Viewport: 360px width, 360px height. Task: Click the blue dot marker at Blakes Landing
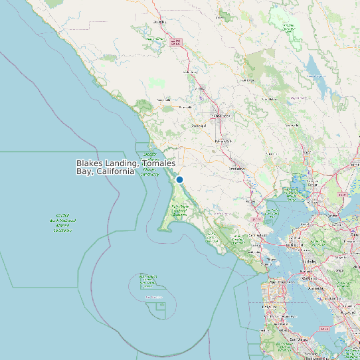[179, 179]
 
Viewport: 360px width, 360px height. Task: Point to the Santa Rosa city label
[220, 115]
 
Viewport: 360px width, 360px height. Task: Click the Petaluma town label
[236, 168]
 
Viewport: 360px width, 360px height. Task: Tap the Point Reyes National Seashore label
[180, 211]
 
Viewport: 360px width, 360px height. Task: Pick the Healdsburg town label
[190, 72]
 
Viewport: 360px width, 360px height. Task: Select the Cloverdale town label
[159, 22]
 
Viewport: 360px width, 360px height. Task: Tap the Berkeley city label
[310, 261]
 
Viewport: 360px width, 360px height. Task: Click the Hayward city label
[350, 312]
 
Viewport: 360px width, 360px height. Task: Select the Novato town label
[252, 200]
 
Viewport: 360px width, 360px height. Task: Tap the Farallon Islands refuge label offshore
[153, 297]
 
